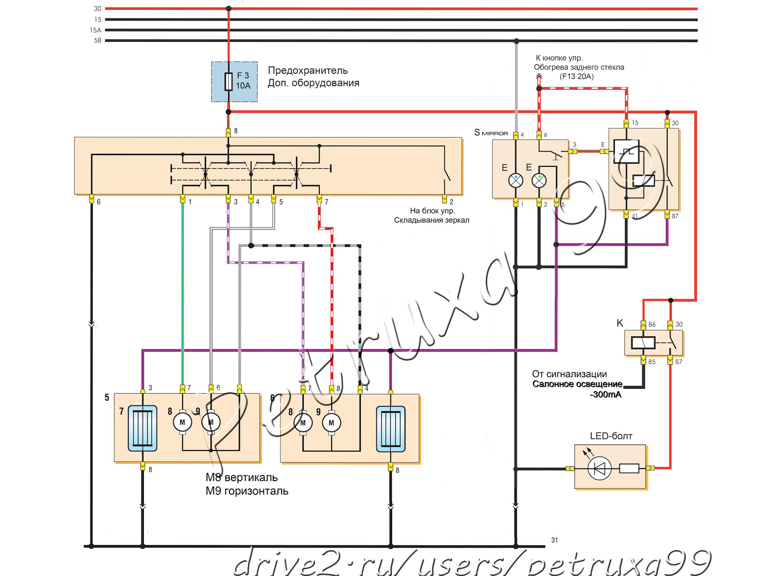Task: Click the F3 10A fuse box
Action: (234, 81)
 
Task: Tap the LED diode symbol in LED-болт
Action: (599, 468)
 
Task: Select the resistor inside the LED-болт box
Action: (629, 468)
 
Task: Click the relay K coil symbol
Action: (643, 343)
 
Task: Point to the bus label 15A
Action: (95, 30)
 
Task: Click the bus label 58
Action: (97, 40)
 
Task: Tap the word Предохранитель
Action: (308, 71)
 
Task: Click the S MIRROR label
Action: (491, 133)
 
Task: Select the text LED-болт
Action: (611, 436)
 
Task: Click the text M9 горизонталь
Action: (247, 491)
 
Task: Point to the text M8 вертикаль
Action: (242, 477)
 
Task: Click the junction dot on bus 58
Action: (516, 41)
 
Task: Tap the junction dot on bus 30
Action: (229, 8)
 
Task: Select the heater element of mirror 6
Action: (391, 428)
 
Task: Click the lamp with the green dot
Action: (539, 181)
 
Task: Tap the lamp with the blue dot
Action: (516, 181)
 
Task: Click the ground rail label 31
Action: (554, 540)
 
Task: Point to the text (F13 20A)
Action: (576, 77)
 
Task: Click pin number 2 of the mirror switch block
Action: (451, 202)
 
